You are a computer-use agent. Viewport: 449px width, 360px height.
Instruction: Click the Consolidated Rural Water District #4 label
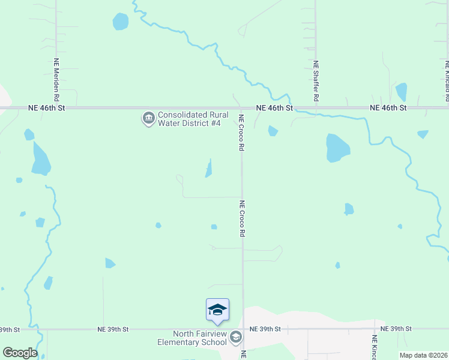pos(190,119)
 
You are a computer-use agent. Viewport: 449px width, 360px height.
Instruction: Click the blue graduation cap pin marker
pos(217,310)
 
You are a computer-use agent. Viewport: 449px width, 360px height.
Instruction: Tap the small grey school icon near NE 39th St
pos(236,337)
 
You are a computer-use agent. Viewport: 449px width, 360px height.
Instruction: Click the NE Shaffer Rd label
pos(316,80)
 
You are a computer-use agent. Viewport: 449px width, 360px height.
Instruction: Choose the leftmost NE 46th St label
pos(46,108)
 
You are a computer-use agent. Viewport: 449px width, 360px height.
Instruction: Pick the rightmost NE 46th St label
pos(388,108)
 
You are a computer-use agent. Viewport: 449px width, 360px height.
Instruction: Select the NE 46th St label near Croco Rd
pos(274,108)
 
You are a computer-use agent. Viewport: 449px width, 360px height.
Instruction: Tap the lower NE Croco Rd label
pos(242,218)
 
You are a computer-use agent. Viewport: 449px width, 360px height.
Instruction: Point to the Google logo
pos(20,352)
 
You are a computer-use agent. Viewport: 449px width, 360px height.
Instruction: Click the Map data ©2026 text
pos(423,355)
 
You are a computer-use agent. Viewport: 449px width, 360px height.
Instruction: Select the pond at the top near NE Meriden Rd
pos(121,22)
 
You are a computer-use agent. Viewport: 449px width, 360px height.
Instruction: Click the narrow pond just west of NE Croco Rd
pos(209,169)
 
